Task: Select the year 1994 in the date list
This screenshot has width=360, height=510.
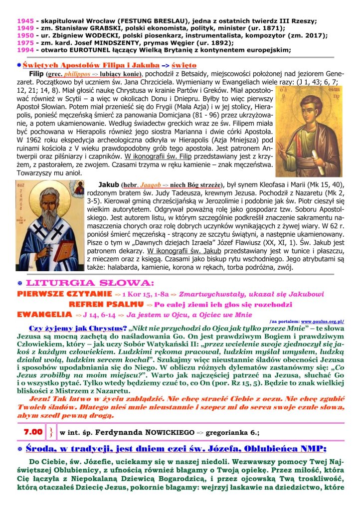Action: pyautogui.click(x=24, y=49)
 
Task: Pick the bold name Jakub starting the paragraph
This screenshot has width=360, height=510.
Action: pyautogui.click(x=109, y=184)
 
